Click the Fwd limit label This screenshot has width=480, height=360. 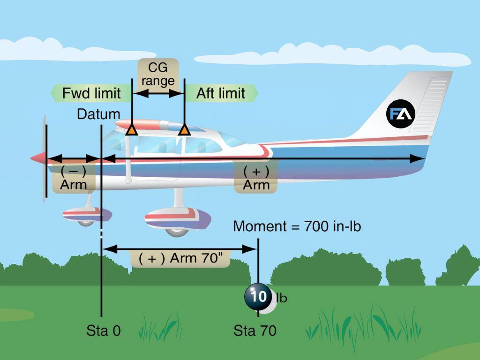(x=91, y=93)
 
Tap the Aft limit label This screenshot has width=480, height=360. (x=220, y=93)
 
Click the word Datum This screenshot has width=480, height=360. (x=98, y=114)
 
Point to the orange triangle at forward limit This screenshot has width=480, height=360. (x=132, y=130)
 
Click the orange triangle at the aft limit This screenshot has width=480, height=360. (x=184, y=130)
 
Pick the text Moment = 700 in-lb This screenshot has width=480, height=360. (x=297, y=226)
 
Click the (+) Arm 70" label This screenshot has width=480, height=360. (x=180, y=258)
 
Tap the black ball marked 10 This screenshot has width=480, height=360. (x=257, y=297)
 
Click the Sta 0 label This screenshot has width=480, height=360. (x=104, y=330)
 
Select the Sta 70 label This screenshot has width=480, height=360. (x=255, y=330)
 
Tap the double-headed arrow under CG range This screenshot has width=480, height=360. (x=158, y=93)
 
